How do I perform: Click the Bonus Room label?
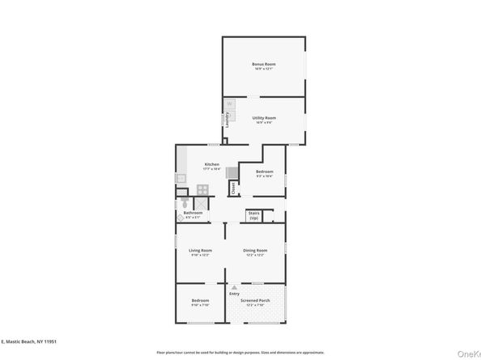point(264,64)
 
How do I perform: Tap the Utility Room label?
point(264,118)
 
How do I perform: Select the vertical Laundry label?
point(228,119)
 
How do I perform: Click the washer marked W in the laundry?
point(229,104)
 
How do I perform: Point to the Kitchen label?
point(212,163)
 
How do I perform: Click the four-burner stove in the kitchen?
point(202,189)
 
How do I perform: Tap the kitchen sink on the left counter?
point(181,178)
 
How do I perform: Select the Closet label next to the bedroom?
point(232,188)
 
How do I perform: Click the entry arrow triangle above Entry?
point(233,286)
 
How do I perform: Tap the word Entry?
point(234,293)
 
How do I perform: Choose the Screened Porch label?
point(256,301)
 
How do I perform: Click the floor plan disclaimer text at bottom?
point(240,353)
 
